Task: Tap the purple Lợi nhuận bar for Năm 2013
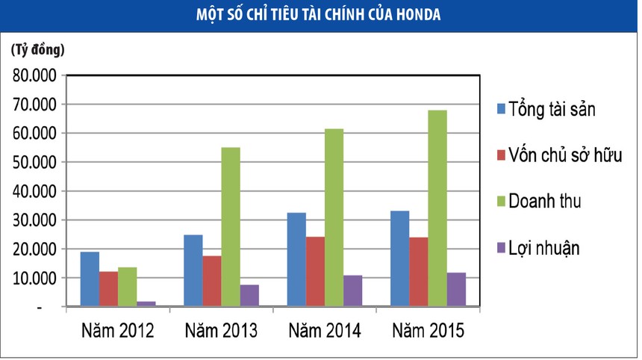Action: [250, 295]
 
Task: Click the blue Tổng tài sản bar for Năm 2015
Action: [399, 258]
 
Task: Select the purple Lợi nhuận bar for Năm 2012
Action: [146, 303]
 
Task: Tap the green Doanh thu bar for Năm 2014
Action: [334, 217]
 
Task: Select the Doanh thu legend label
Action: [545, 201]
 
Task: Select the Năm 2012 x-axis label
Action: [117, 331]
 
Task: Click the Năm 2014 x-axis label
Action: [325, 331]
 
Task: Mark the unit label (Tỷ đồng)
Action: [38, 51]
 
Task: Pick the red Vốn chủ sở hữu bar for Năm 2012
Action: [108, 288]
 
